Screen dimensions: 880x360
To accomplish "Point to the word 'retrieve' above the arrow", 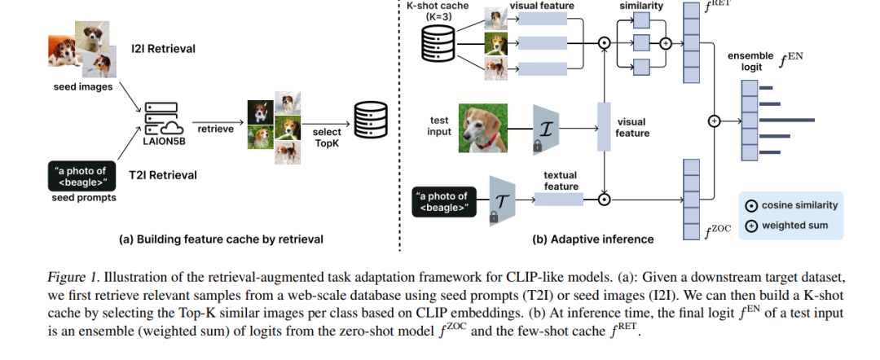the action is [x=215, y=129].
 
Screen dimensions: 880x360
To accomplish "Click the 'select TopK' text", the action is [x=326, y=138].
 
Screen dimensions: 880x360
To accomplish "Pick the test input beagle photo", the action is [x=482, y=128].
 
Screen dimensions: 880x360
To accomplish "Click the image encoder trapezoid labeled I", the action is [x=544, y=129].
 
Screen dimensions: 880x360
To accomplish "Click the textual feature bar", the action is [x=558, y=199].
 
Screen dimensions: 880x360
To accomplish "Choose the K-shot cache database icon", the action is [x=439, y=43].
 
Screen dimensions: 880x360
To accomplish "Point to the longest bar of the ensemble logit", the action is [x=786, y=120].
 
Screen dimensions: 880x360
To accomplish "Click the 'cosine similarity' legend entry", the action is [x=791, y=205].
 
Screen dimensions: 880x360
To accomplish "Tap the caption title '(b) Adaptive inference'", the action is [x=592, y=239].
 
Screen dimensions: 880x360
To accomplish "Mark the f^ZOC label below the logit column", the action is [x=719, y=230].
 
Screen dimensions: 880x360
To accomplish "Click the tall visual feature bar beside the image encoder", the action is [x=604, y=127].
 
